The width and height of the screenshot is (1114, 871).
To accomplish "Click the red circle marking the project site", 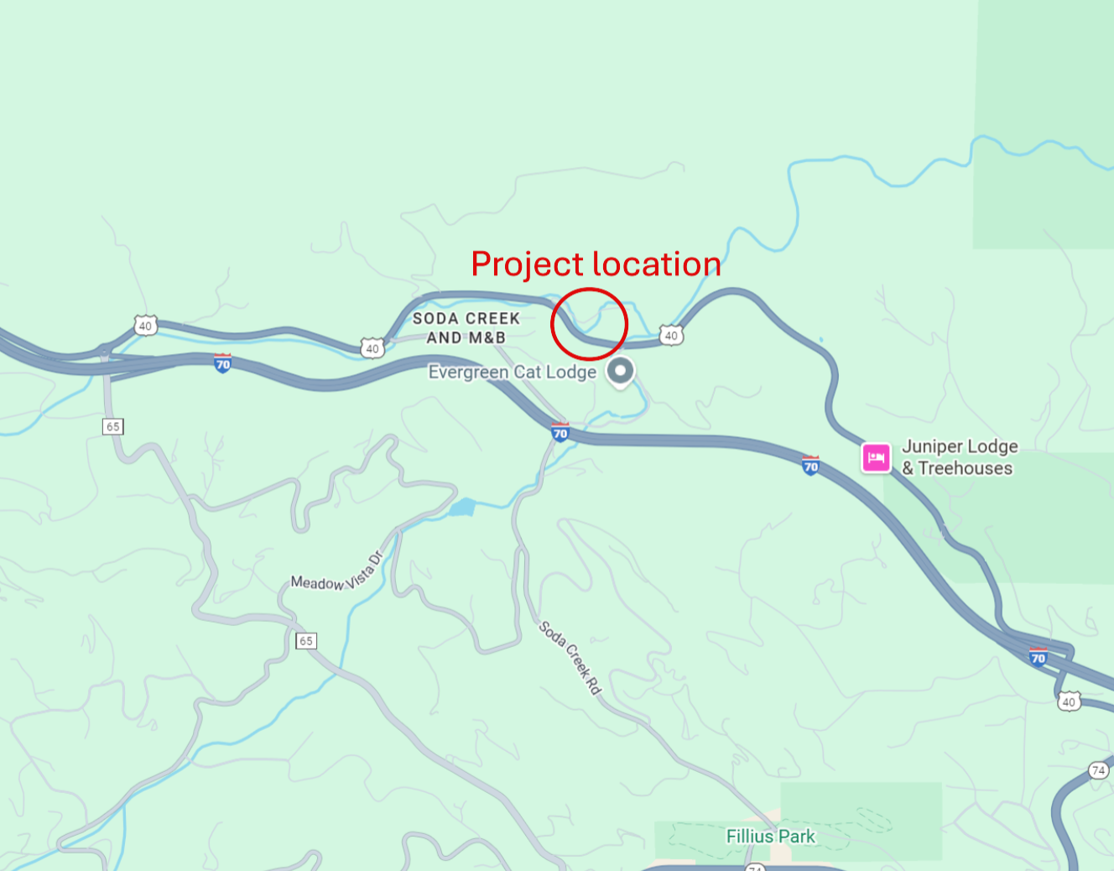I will [x=589, y=324].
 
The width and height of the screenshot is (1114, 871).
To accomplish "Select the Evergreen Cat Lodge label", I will [x=512, y=372].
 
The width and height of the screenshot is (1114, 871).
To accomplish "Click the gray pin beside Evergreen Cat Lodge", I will [x=620, y=371].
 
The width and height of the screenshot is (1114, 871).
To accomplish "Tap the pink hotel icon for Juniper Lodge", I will [x=877, y=457].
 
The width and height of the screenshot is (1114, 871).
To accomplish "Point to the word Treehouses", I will [x=965, y=468].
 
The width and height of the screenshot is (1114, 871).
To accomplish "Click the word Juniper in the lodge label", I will [x=931, y=446].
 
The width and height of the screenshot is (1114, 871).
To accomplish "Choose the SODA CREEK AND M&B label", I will [x=466, y=328].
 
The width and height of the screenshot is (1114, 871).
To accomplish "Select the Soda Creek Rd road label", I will [x=570, y=657].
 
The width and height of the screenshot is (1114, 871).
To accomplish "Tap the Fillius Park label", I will [x=770, y=837].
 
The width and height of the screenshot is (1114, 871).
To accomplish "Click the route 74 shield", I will [x=1098, y=770].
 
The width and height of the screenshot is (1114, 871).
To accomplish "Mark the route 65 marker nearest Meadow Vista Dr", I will [x=306, y=641].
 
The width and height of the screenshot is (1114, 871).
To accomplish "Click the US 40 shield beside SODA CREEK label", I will [x=372, y=348].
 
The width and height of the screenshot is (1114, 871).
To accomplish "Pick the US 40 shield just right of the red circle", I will [x=670, y=336].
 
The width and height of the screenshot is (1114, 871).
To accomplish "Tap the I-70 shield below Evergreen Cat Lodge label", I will [x=560, y=433].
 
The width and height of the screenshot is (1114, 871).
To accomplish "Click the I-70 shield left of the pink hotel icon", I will [x=810, y=467].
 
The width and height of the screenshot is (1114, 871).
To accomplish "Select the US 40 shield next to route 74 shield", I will [x=1068, y=701].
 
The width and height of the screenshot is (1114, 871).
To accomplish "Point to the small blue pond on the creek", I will [x=462, y=508].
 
